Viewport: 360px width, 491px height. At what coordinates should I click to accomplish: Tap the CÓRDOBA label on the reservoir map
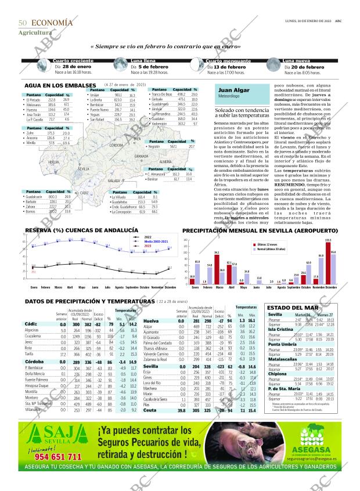tap(116, 145)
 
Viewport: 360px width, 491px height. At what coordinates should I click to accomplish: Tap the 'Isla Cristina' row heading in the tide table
tap(280, 329)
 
